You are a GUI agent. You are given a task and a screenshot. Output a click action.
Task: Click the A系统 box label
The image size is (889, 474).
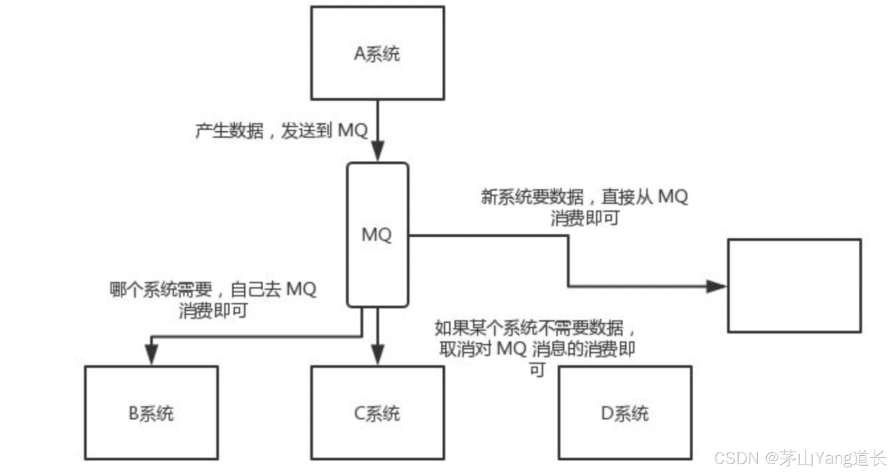click(x=377, y=53)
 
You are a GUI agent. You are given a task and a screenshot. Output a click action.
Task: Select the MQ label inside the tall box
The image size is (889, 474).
click(x=377, y=234)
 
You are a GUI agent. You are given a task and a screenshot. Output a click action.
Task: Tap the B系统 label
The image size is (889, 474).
click(x=151, y=413)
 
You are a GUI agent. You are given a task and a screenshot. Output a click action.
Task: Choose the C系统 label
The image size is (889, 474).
click(x=377, y=413)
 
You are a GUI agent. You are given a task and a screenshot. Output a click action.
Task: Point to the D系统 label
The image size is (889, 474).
click(x=625, y=413)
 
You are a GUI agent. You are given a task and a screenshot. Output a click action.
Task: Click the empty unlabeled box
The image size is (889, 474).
click(x=794, y=286)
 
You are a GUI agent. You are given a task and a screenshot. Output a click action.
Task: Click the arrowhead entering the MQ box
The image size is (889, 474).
click(x=378, y=151)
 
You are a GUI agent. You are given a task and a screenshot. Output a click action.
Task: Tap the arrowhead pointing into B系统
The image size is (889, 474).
click(x=151, y=354)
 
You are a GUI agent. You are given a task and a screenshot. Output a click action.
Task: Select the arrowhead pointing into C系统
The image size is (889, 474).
click(x=378, y=354)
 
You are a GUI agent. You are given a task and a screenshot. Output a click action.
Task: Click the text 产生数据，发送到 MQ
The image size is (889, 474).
click(x=282, y=131)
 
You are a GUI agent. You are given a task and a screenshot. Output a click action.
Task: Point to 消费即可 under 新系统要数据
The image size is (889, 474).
click(x=585, y=218)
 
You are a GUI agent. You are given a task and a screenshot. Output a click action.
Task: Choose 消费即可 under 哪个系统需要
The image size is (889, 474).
click(x=213, y=311)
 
